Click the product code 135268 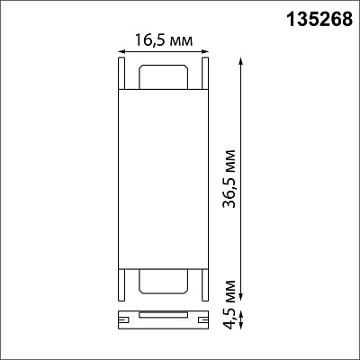click(319, 20)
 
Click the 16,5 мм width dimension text click(164, 40)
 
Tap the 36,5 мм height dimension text click(229, 179)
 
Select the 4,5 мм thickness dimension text click(229, 304)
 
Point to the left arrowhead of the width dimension click(122, 52)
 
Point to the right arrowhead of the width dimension click(204, 52)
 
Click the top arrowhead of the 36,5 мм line click(240, 61)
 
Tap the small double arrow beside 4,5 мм click(240, 320)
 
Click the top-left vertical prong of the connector click(121, 73)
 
